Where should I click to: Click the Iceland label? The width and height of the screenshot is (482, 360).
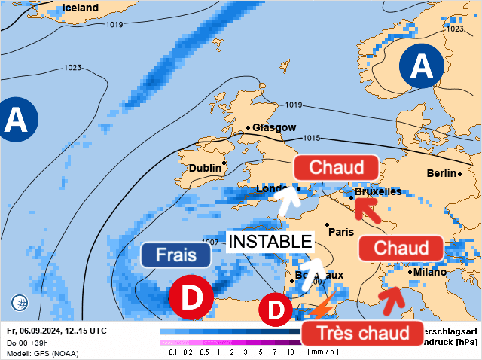tap(81, 8)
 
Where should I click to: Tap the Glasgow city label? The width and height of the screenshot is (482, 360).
tap(274, 127)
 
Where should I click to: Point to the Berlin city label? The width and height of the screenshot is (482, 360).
tap(441, 174)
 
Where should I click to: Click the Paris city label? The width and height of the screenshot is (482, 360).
tap(341, 231)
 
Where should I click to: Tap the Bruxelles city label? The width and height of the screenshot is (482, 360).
tap(377, 192)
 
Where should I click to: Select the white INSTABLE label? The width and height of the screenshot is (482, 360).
tap(270, 241)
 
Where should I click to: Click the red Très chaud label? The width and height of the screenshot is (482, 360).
tap(361, 332)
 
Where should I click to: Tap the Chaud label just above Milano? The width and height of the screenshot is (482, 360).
tap(401, 248)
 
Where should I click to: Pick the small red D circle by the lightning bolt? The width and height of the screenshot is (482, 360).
tap(276, 310)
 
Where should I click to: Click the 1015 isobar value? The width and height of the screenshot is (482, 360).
tap(312, 138)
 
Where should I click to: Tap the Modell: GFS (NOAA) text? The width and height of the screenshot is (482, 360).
tap(42, 353)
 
